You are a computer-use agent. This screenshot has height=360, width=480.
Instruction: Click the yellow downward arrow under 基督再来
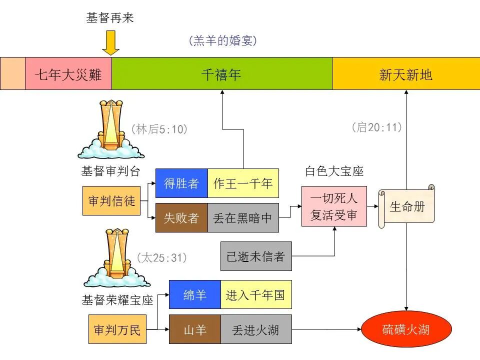click(110, 43)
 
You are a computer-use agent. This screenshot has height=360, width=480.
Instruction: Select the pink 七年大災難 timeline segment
click(68, 73)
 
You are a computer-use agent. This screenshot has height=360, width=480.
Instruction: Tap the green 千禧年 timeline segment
click(221, 73)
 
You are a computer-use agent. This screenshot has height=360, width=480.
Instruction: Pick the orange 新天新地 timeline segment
click(405, 73)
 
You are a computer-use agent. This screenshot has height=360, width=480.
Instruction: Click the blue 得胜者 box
click(181, 183)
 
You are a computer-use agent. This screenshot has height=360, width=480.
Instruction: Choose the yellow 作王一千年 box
click(243, 183)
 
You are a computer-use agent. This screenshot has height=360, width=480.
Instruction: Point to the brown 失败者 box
click(181, 218)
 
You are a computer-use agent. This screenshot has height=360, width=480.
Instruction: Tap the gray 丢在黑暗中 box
click(243, 218)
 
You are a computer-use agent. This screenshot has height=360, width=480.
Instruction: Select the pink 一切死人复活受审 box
click(334, 206)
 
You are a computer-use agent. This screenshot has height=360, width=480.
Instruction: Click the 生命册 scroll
click(406, 206)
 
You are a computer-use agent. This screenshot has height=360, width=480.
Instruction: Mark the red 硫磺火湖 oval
click(406, 329)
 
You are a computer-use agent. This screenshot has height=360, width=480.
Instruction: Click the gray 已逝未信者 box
click(256, 256)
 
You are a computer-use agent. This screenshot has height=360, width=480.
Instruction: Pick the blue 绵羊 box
click(195, 294)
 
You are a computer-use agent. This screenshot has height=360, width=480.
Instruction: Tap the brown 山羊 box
click(195, 329)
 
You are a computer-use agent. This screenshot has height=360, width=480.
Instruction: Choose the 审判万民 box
click(117, 329)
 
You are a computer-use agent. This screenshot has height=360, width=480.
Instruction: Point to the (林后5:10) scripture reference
click(159, 129)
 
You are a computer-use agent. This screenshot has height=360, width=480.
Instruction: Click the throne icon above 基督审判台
click(111, 129)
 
